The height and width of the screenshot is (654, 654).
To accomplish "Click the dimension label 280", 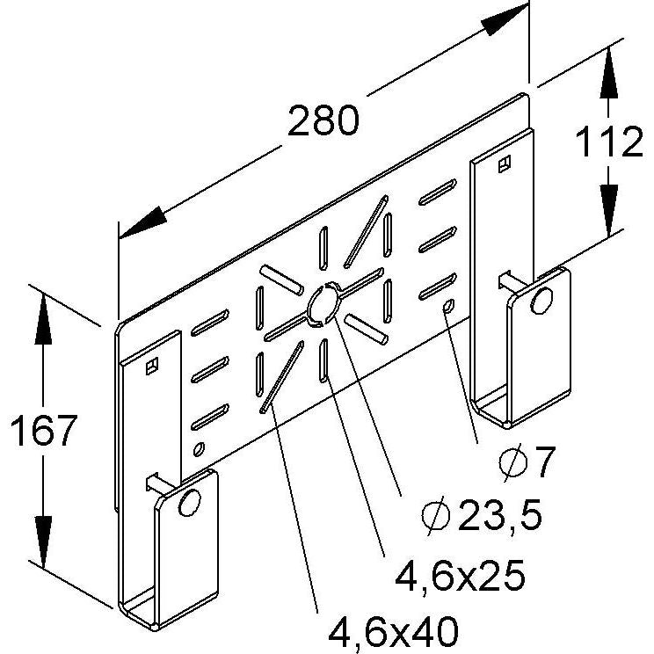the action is pos(323,121).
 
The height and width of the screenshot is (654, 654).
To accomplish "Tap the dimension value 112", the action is pos(609,142).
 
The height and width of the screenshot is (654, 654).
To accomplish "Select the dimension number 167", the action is pos(44,430).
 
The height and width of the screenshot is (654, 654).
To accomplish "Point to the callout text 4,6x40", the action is pos(393,631).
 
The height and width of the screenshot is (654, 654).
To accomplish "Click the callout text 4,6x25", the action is pos(460,575).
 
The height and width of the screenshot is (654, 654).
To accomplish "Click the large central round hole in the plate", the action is pos(324,303).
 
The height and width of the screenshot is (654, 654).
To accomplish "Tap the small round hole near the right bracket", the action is pos(449,306).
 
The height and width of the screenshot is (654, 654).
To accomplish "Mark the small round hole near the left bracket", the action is pos(199,448).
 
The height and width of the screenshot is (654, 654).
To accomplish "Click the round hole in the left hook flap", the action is pos(190,502).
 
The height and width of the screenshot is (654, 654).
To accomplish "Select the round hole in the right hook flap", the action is pos(541,301).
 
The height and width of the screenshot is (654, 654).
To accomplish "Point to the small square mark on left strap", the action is pos(152,366).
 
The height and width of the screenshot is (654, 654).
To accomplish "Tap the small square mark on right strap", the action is pos(505,163).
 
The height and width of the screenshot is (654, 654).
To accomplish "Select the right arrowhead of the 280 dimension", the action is pos(505,19).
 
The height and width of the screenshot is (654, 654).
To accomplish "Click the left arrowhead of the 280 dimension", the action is pos(142,222).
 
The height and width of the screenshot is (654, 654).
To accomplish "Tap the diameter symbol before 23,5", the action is pos(436,516).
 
